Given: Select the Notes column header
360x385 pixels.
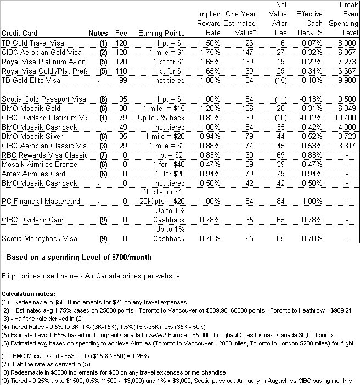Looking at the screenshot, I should pyautogui.click(x=98, y=33).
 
